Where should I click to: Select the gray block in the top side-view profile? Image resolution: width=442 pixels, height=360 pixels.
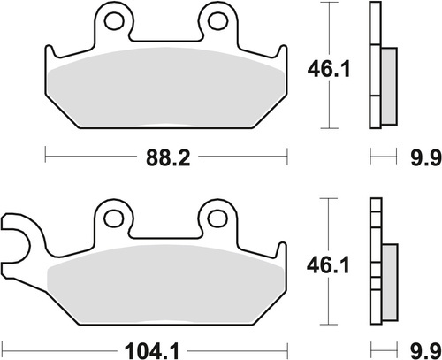(x=387, y=85)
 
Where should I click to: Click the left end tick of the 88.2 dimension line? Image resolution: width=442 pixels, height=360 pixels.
(x=44, y=159)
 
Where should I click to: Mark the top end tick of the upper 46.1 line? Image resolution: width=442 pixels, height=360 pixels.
(x=329, y=4)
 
